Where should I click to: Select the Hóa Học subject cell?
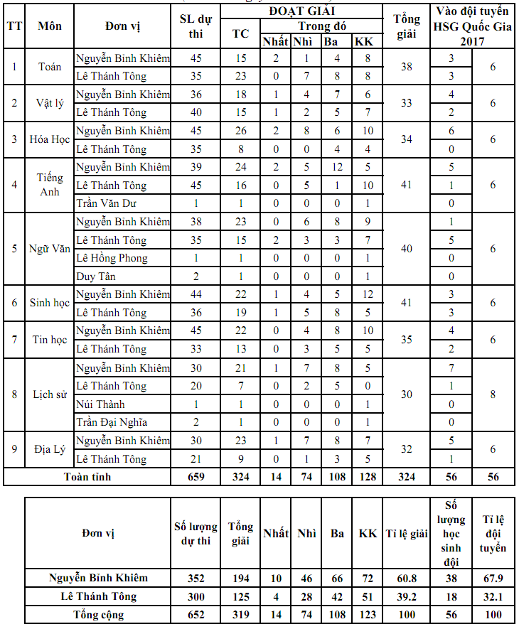point(50,139)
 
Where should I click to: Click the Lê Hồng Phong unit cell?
point(112,258)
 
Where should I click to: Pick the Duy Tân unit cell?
point(96,276)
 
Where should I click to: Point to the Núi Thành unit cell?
point(100,404)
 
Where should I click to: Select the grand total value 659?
point(196,476)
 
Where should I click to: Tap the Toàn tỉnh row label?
point(87,476)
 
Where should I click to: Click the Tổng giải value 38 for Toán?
point(407,67)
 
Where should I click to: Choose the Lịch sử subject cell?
point(50,394)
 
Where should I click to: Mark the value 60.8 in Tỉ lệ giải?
point(407,578)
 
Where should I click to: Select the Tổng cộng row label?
point(98,615)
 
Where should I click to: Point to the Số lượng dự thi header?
point(196,533)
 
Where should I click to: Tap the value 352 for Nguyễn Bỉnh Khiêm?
point(196,578)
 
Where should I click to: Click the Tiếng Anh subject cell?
point(50,185)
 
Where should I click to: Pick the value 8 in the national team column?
point(492,394)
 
